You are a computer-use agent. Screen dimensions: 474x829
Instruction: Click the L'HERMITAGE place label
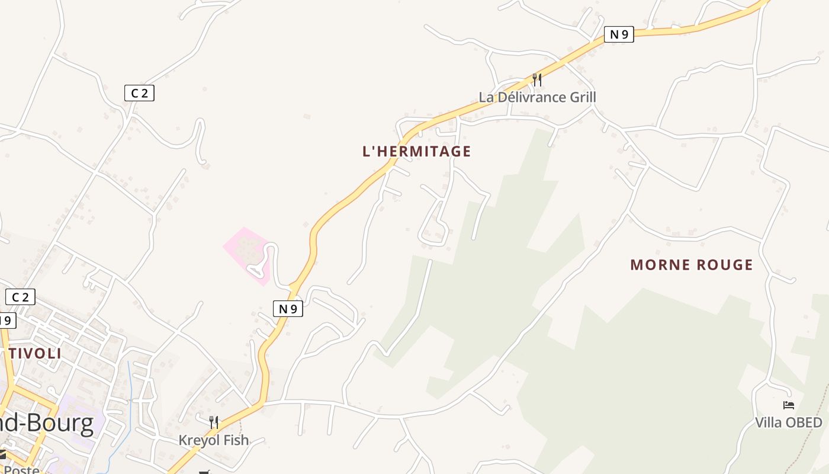(416, 151)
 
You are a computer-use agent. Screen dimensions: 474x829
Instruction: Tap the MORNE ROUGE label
(691, 264)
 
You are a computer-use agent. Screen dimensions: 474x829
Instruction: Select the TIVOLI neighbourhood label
(35, 354)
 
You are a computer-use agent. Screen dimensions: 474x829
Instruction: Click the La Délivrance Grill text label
(537, 97)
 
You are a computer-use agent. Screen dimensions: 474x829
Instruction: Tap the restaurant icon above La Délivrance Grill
(536, 79)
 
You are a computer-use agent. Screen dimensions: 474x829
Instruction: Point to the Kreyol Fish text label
(213, 440)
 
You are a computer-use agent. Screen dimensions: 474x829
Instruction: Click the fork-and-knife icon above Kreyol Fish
(213, 422)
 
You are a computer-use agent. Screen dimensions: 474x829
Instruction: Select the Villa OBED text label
(788, 422)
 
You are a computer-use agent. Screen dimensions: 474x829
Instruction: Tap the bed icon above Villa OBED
(788, 405)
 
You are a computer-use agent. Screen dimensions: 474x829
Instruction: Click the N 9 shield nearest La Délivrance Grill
(619, 34)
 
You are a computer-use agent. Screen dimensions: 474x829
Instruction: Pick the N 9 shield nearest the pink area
(288, 308)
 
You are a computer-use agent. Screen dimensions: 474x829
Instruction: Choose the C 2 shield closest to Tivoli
(20, 297)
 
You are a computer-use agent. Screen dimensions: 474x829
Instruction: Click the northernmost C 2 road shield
(139, 93)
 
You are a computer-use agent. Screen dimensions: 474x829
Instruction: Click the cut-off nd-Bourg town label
(47, 424)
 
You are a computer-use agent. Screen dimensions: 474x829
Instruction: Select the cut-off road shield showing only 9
(7, 321)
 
